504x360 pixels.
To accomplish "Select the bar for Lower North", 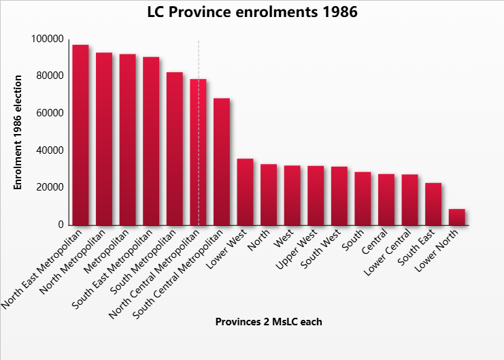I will (x=456, y=217).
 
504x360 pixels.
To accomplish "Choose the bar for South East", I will (x=433, y=203).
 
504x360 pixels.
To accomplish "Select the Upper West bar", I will (x=316, y=195).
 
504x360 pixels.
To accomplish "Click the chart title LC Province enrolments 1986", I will (x=252, y=12).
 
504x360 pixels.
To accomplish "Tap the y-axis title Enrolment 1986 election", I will (x=18, y=132).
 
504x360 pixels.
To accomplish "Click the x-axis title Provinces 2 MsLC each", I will (x=269, y=322).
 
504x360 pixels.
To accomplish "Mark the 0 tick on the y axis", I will (x=61, y=225).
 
